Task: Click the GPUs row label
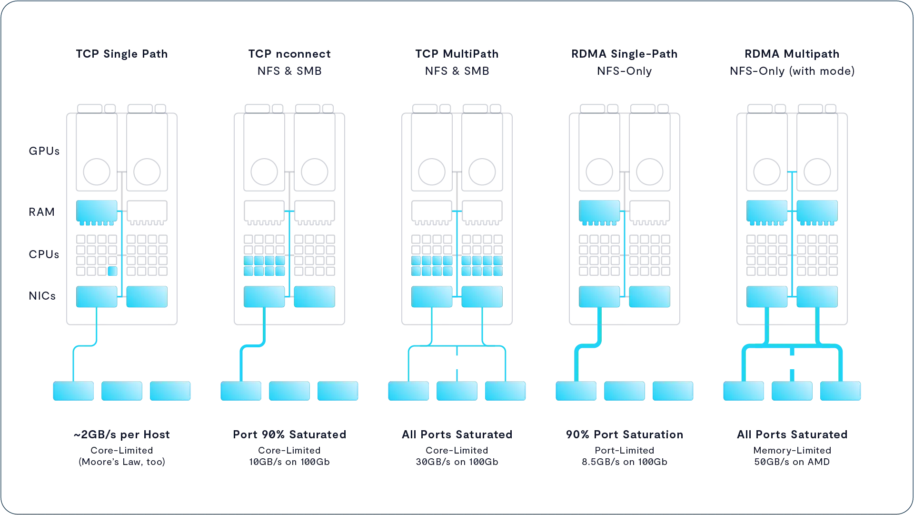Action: coord(44,151)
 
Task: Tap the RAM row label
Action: coord(41,212)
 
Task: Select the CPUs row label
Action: coord(44,254)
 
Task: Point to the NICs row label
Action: coord(42,296)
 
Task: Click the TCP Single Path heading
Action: coord(122,54)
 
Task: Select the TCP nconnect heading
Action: coord(289,54)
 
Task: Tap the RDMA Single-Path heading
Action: coord(625,54)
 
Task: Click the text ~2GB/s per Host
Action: coord(122,434)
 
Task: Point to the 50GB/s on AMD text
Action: coord(792,462)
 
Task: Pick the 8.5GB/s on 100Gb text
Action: coord(625,462)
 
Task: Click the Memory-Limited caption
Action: coord(792,450)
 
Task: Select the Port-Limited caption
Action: coord(625,450)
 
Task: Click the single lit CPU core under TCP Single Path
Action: coord(112,271)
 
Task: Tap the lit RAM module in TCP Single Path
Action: coord(97,211)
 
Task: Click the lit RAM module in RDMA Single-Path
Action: coord(599,211)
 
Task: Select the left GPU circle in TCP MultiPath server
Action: coord(432,172)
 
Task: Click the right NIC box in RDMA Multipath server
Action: coord(817,296)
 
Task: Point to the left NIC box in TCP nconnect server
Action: coord(264,296)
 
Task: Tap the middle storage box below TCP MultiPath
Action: coord(457,391)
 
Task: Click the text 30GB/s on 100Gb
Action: coord(457,462)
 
